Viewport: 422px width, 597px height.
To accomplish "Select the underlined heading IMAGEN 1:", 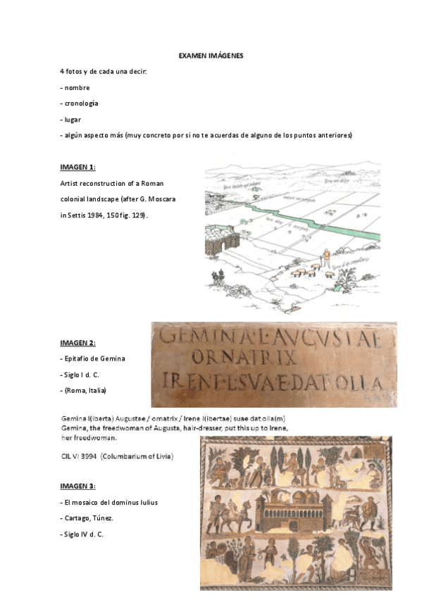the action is click(77, 168).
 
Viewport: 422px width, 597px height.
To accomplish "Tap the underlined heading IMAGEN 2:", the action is click(77, 343).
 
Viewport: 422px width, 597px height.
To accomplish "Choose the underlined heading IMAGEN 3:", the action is click(77, 486).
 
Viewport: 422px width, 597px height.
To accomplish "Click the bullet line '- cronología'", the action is click(80, 103).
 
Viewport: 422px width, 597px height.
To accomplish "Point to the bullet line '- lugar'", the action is click(71, 119).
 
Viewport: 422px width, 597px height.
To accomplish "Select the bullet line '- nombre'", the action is click(75, 87).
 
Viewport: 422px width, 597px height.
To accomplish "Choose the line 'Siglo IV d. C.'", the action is click(83, 535).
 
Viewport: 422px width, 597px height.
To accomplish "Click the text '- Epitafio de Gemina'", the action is click(92, 359).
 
